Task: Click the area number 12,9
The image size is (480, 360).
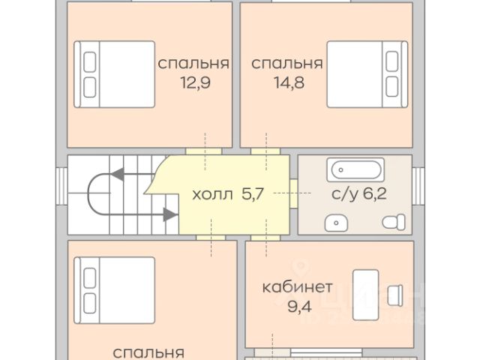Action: [x=195, y=82]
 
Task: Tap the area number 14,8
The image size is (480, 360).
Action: [x=289, y=82]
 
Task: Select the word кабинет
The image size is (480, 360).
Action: [x=297, y=287]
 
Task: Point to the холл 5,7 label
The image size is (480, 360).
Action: [x=228, y=194]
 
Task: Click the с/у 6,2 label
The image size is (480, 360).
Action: [x=359, y=193]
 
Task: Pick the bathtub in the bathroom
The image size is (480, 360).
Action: [x=355, y=169]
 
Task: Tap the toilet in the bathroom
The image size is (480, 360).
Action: [x=394, y=222]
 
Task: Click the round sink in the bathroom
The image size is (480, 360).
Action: [x=336, y=223]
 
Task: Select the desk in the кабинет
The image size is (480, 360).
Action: [x=365, y=295]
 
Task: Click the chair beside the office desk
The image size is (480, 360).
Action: [x=395, y=295]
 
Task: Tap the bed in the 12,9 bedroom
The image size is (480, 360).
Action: [x=115, y=74]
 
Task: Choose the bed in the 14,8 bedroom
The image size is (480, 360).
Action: [x=367, y=74]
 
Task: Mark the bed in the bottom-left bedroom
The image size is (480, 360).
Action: [x=115, y=290]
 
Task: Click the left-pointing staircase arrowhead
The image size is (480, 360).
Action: [x=118, y=174]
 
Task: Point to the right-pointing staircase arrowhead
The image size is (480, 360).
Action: [x=170, y=214]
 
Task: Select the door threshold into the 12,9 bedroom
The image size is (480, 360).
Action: [x=203, y=151]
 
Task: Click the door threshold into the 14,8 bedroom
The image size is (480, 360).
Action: [x=265, y=151]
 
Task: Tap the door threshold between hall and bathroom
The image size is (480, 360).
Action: [x=294, y=193]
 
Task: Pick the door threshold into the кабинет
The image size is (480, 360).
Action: [x=265, y=238]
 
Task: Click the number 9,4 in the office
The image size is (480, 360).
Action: [x=300, y=307]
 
